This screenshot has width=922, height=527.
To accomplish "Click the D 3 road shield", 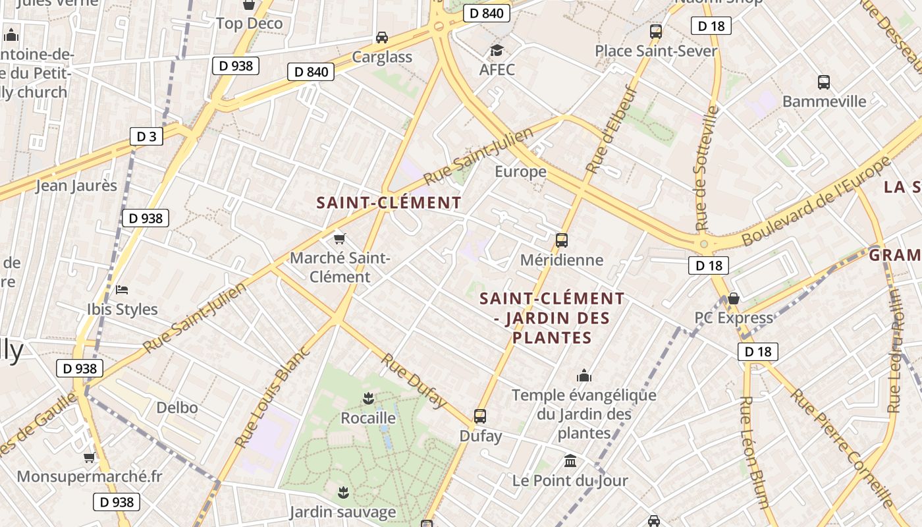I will pyautogui.click(x=146, y=136).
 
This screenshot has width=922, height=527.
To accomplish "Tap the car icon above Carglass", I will pyautogui.click(x=382, y=37).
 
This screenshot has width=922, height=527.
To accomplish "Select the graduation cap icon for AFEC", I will pyautogui.click(x=497, y=51).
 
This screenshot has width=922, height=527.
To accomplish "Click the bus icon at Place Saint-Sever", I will pyautogui.click(x=656, y=31).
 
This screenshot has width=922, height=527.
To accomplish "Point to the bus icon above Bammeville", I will pyautogui.click(x=824, y=82).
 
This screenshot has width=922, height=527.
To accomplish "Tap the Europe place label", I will pyautogui.click(x=520, y=172).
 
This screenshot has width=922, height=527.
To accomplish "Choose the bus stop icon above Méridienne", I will pyautogui.click(x=562, y=240).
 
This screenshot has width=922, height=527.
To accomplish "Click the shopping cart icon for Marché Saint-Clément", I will pyautogui.click(x=340, y=238).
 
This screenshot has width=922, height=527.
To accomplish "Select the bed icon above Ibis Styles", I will pyautogui.click(x=122, y=289).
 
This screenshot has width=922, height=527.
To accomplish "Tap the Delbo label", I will pyautogui.click(x=176, y=408).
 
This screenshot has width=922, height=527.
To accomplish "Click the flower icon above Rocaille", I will pyautogui.click(x=368, y=398).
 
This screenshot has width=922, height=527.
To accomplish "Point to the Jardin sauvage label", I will pyautogui.click(x=342, y=512).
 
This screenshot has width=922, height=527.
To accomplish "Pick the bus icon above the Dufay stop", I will pyautogui.click(x=480, y=416).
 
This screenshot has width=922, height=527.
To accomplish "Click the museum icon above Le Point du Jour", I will pyautogui.click(x=570, y=460).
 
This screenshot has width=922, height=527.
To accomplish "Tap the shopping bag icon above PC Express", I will pyautogui.click(x=734, y=298).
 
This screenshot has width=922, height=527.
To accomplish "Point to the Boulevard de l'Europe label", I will pyautogui.click(x=816, y=201).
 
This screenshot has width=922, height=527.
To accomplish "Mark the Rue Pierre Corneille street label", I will pyautogui.click(x=844, y=447).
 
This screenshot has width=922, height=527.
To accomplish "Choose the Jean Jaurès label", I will pyautogui.click(x=76, y=186).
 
